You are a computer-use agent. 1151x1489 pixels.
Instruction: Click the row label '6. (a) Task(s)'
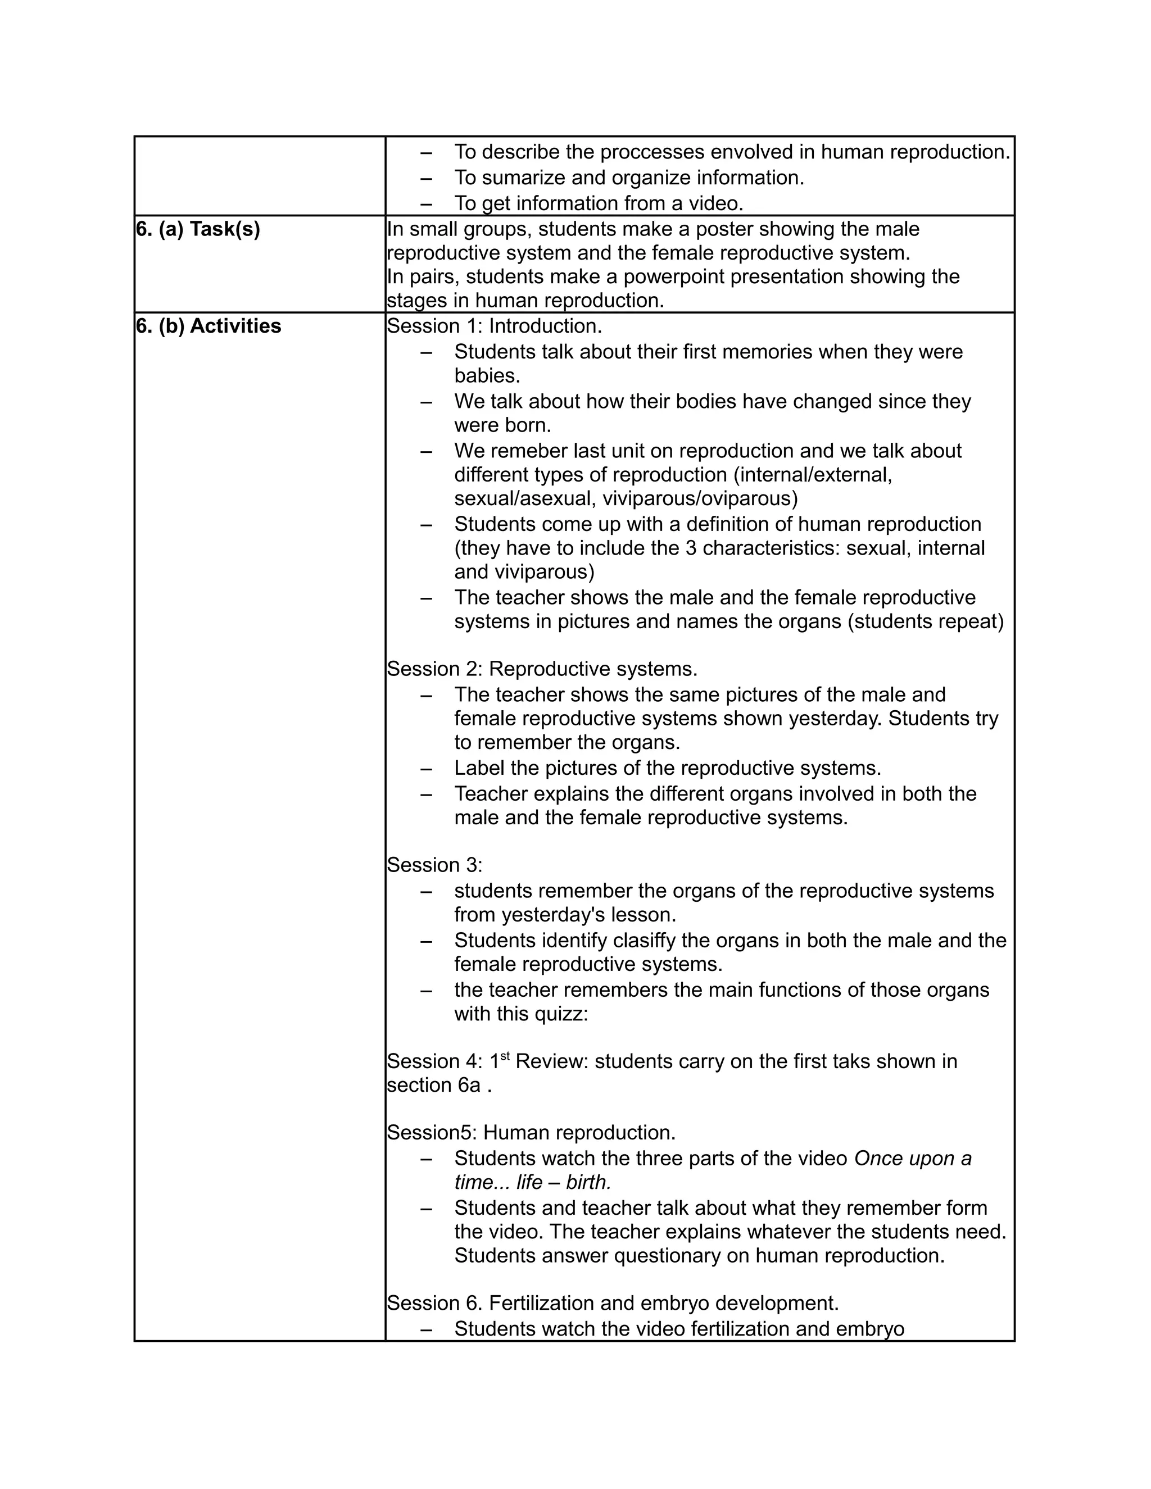coord(198,230)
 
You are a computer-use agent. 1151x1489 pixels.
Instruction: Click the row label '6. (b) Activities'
coord(208,326)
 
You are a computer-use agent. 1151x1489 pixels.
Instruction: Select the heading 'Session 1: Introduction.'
coord(495,326)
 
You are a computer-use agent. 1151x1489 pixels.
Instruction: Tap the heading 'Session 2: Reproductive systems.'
coord(542,670)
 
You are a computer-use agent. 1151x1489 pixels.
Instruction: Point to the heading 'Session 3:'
coord(434,865)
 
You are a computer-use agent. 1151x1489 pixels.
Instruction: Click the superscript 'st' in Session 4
coord(505,1057)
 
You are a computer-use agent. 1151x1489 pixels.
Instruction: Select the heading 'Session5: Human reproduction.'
coord(531,1133)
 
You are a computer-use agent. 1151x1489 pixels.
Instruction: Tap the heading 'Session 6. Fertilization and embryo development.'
coord(613,1304)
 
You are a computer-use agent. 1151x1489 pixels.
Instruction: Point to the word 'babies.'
coord(487,376)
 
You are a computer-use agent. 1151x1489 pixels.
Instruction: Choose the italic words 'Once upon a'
coord(912,1159)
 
